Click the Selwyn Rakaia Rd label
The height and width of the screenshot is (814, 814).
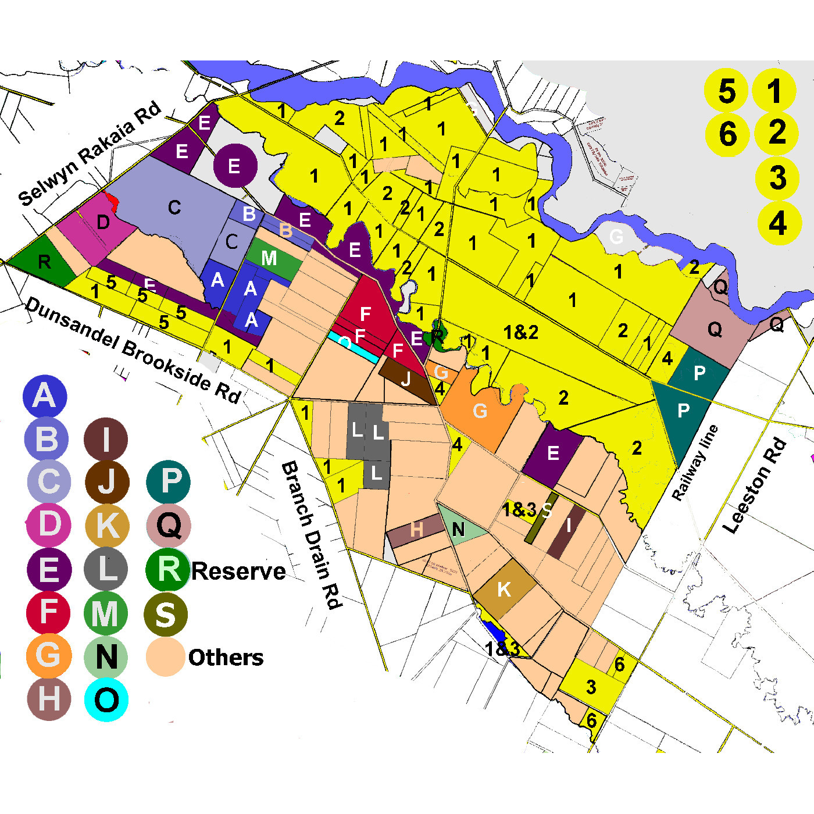click(x=90, y=154)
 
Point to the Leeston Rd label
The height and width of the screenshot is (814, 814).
click(x=755, y=486)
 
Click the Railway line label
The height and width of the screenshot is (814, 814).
click(x=695, y=463)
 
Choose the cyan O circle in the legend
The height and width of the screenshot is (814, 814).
click(x=106, y=700)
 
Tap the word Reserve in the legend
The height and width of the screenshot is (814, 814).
click(x=238, y=571)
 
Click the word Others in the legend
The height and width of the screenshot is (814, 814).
click(x=226, y=658)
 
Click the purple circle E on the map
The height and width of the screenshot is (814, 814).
click(x=235, y=166)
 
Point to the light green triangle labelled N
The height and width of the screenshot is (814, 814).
click(x=458, y=527)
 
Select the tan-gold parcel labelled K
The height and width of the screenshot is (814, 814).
click(x=504, y=589)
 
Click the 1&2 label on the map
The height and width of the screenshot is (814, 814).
click(x=521, y=333)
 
